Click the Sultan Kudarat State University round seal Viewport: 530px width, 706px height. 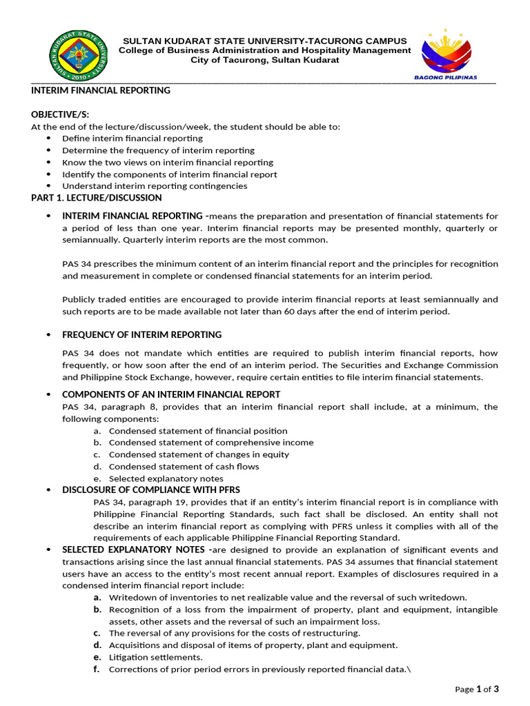(79, 55)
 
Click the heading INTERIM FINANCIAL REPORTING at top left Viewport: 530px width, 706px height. (101, 90)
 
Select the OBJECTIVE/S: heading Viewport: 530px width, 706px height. (60, 114)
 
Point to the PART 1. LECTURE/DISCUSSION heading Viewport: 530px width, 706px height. (97, 198)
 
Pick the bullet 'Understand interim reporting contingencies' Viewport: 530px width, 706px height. (155, 185)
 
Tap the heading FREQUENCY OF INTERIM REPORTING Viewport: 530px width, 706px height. (141, 334)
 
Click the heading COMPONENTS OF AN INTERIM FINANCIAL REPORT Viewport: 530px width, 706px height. (171, 394)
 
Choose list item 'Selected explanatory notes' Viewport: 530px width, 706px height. (166, 478)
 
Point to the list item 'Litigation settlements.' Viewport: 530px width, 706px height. (146, 657)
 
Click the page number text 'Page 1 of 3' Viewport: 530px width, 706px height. (476, 689)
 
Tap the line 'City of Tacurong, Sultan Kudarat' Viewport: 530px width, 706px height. (264, 61)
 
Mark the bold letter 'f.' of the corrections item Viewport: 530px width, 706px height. (98, 669)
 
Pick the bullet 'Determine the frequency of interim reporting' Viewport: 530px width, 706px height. (158, 150)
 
